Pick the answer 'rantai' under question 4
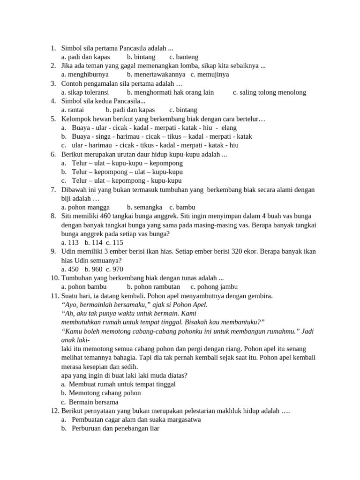click(x=73, y=110)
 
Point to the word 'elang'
click(x=229, y=127)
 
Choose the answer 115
click(x=118, y=242)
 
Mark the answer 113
click(x=74, y=242)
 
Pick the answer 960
click(x=97, y=269)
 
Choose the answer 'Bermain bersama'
click(x=93, y=402)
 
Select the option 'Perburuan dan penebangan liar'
click(x=116, y=428)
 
